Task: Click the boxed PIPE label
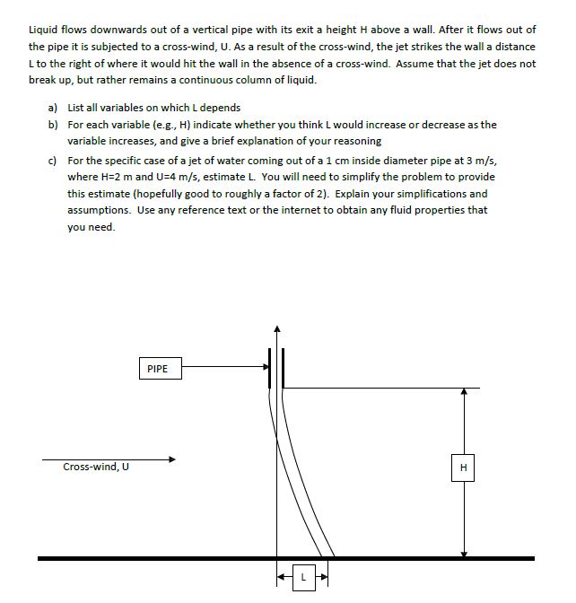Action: pyautogui.click(x=158, y=368)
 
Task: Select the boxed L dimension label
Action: pyautogui.click(x=303, y=578)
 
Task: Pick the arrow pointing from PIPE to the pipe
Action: pyautogui.click(x=224, y=366)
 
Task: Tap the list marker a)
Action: pyautogui.click(x=55, y=108)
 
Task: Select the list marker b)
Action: pyautogui.click(x=55, y=125)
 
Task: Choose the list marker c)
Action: pyautogui.click(x=55, y=159)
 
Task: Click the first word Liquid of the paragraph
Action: pyautogui.click(x=45, y=30)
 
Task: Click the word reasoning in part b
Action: pyautogui.click(x=358, y=142)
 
